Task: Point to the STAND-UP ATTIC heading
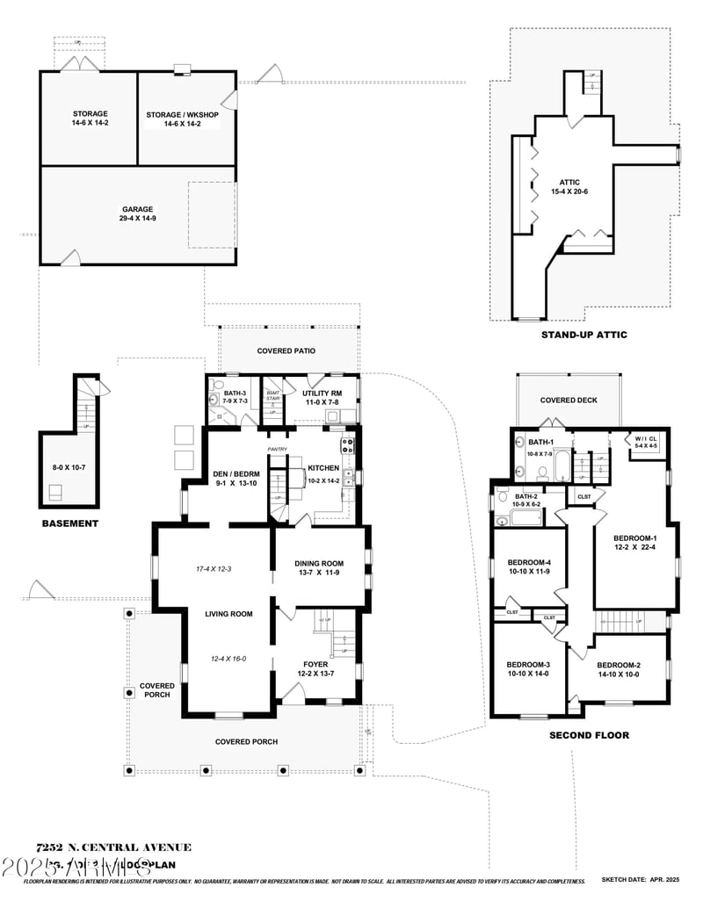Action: pos(583,335)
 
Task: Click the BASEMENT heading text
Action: pos(70,523)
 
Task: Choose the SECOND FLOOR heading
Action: pos(589,735)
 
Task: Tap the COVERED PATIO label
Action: pos(286,351)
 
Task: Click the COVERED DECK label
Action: pos(569,400)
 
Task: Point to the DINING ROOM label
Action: pos(319,564)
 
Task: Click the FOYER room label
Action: pos(315,665)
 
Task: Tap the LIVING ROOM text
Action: pos(229,614)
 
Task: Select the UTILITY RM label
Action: pos(323,393)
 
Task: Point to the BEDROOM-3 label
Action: pos(528,664)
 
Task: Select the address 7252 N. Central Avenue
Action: pos(113,848)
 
